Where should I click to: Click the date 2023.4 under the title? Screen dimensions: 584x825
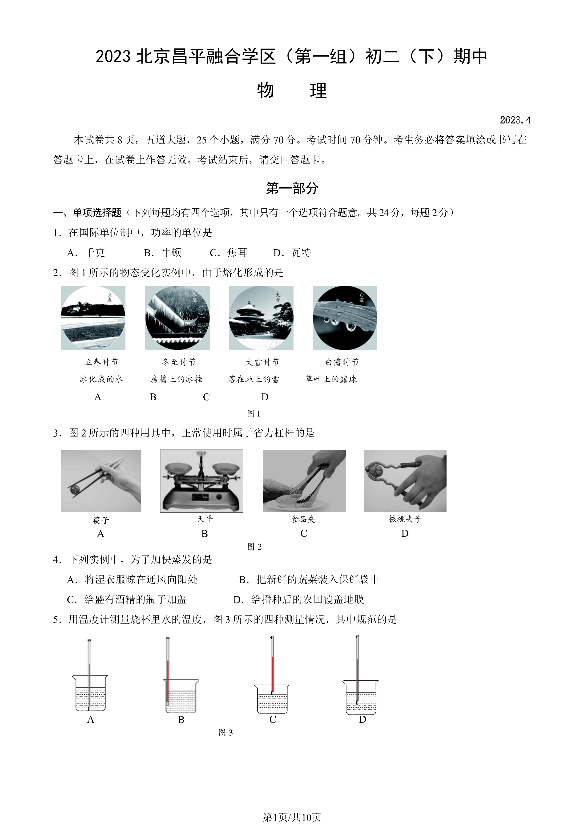[x=515, y=120]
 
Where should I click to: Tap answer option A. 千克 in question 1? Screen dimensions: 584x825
[x=86, y=253]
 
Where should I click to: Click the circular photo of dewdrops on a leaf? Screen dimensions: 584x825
[x=345, y=318]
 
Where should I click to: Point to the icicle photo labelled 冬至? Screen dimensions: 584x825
[x=177, y=318]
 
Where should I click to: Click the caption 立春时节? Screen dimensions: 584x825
[x=101, y=362]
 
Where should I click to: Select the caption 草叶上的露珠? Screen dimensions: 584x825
[x=331, y=379]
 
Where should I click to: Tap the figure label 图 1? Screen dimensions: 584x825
[x=254, y=414]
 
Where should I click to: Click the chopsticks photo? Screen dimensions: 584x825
[x=101, y=481]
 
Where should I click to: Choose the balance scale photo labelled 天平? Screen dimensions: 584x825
[x=202, y=481]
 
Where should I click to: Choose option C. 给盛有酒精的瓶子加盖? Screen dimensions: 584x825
[x=127, y=599]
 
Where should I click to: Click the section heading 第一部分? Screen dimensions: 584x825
[x=292, y=188]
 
